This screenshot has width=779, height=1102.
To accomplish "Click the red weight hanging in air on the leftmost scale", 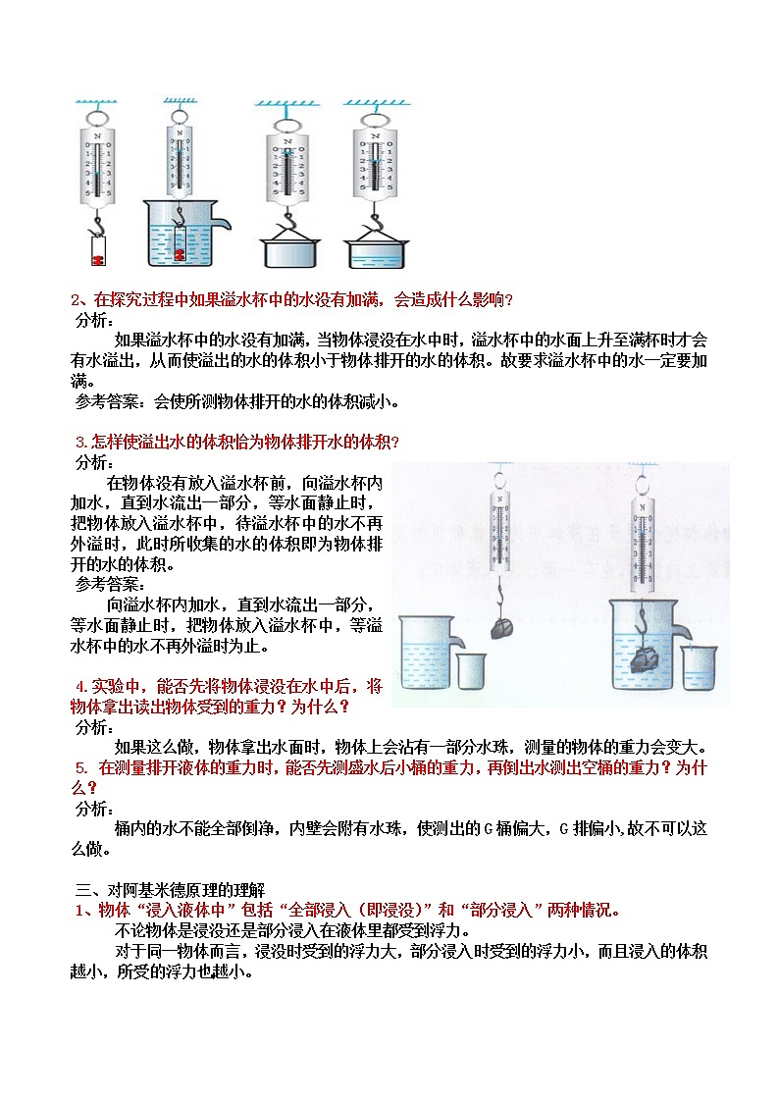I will [97, 260].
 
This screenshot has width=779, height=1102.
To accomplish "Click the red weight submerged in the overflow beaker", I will [179, 255].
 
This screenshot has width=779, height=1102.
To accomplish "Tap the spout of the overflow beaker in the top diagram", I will [225, 226].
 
